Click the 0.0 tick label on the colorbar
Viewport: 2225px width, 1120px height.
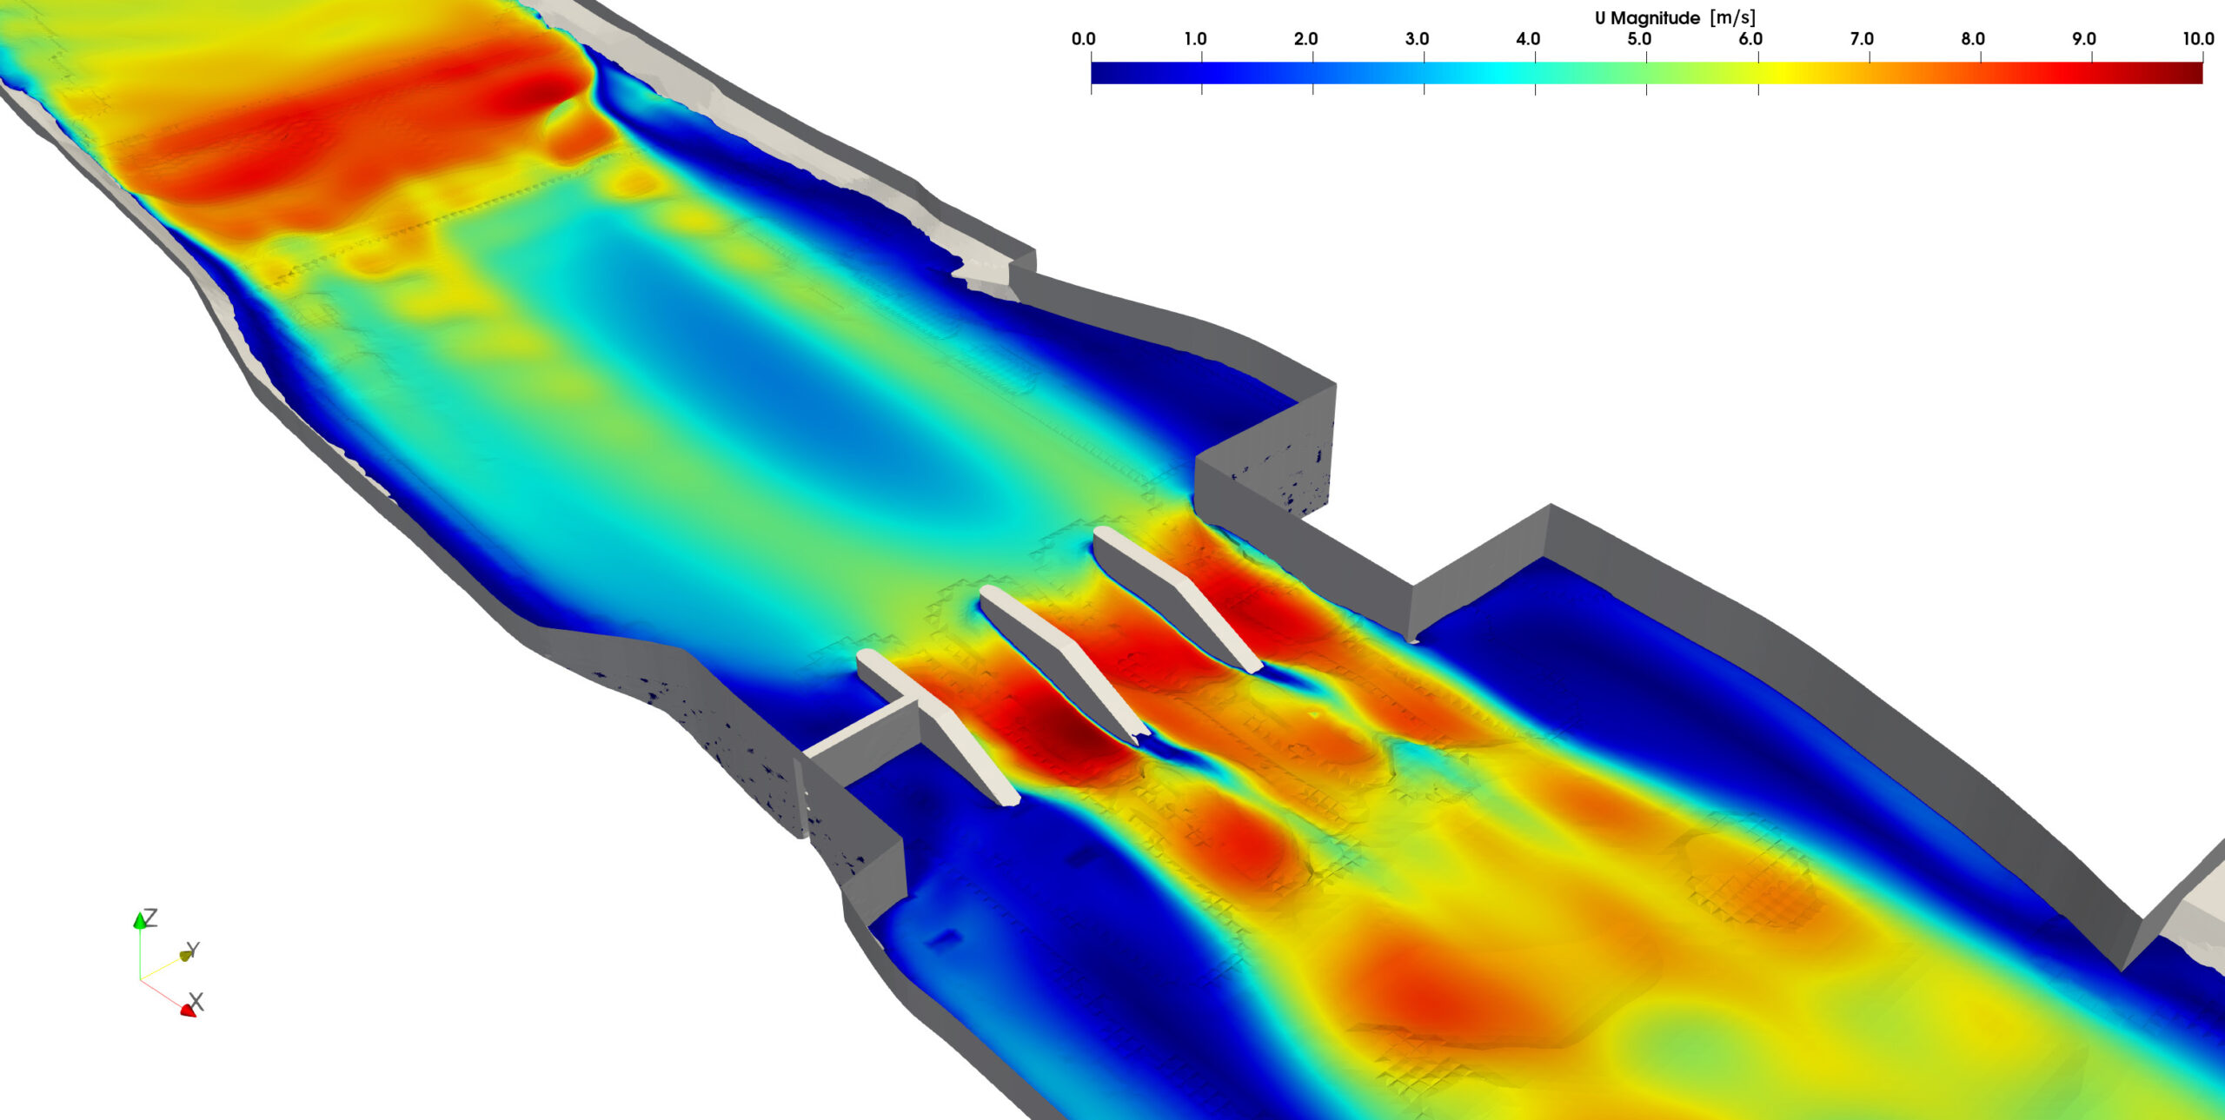1083,39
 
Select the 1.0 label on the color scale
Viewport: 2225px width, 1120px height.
1195,39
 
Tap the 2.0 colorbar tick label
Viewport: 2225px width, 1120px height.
1306,39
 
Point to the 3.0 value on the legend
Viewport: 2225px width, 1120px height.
1418,39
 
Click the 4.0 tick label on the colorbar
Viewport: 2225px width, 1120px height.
1528,39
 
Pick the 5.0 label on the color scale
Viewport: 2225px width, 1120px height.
1639,39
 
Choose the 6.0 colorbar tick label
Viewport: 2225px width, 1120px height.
1750,39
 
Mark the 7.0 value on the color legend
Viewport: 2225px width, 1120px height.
1862,39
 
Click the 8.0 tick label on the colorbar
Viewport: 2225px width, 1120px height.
1973,39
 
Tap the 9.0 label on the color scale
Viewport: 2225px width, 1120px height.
2084,39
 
